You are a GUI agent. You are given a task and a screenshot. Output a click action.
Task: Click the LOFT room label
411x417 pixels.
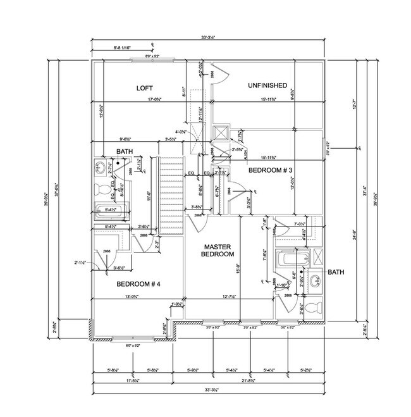click(x=146, y=88)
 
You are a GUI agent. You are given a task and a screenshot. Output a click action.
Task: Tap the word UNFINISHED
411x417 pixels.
click(x=268, y=85)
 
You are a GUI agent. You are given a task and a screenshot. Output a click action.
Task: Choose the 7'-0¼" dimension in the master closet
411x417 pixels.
click(x=300, y=223)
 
